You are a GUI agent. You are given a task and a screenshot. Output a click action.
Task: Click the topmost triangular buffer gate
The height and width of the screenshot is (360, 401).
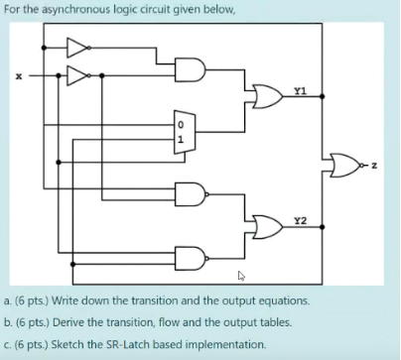coord(77,46)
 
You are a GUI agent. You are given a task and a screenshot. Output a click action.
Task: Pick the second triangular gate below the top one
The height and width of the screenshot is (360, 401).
coord(77,75)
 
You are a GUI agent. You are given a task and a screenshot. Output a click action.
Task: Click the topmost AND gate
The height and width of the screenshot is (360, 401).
coord(191,70)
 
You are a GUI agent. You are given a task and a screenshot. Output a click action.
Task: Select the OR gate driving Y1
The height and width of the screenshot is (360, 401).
coord(266,96)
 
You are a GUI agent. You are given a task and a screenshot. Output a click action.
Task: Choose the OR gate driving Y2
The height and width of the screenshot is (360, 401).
coord(266,226)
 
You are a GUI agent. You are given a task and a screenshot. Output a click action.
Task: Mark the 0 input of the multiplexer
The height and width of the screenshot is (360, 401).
coord(180,125)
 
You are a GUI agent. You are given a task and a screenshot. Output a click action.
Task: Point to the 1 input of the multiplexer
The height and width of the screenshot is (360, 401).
coord(180,139)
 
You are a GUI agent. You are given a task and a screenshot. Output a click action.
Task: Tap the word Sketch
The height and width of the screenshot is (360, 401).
coord(66,344)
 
